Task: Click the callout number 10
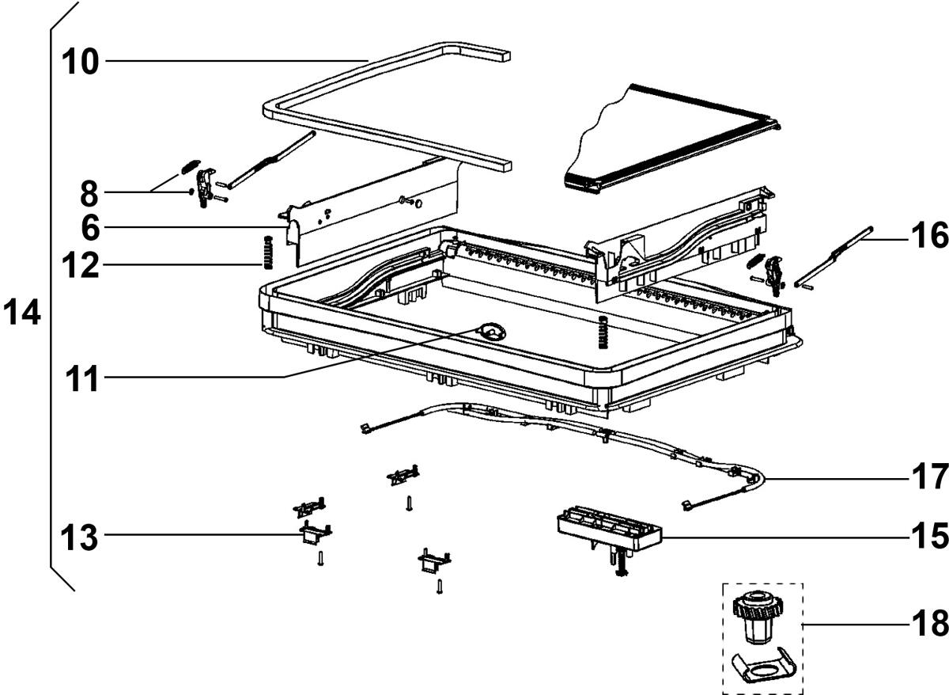coord(81,61)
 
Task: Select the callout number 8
coord(90,192)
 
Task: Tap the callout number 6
coord(90,229)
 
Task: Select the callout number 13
coord(81,538)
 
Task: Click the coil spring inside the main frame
coord(603,332)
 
